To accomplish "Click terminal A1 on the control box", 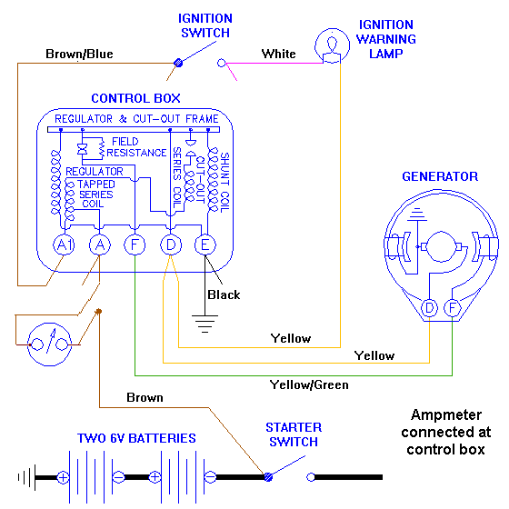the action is tap(64, 245).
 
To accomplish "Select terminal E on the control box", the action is tap(205, 245).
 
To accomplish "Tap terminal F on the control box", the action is tap(135, 245).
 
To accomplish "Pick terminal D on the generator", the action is tap(429, 308).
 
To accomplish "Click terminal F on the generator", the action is tap(453, 308).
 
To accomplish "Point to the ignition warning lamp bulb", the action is tap(332, 45).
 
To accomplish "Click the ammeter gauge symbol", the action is tap(49, 344).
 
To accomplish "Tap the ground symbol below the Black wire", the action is tap(205, 324).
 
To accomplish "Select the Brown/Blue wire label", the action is tap(79, 54).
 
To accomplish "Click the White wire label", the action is tap(278, 54).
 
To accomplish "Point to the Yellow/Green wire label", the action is tap(309, 385).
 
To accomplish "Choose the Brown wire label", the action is tap(145, 398).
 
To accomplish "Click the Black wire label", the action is tap(224, 294).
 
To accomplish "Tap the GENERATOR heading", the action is tap(440, 176).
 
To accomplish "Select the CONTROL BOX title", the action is tap(135, 98).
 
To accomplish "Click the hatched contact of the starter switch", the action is tap(268, 477).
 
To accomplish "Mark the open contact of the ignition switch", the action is tap(222, 63).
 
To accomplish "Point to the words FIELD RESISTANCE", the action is tap(136, 147).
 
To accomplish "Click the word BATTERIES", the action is tap(162, 438).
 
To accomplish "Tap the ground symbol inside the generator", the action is tap(417, 215).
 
